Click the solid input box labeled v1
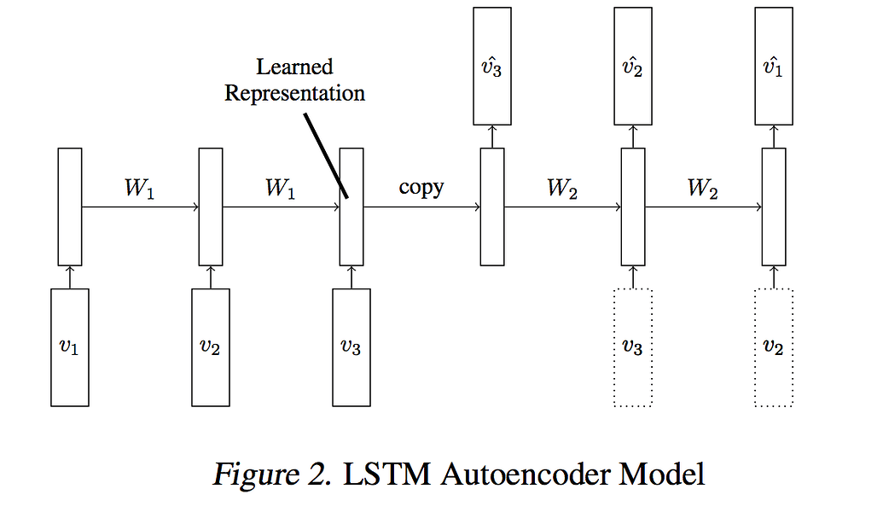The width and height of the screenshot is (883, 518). point(70,347)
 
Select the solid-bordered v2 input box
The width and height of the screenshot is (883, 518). point(210,347)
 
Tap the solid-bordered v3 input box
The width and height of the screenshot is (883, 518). point(351,347)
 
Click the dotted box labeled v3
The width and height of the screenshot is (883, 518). point(632,347)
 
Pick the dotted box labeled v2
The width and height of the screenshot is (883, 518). point(774,347)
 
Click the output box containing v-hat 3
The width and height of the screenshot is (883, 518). point(491,67)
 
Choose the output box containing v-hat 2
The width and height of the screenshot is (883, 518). point(632,67)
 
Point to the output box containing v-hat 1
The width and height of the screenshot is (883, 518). point(774,67)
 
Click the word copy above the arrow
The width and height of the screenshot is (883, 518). point(421,187)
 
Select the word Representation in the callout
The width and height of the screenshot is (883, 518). point(294,92)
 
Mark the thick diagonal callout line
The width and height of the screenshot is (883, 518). point(325,154)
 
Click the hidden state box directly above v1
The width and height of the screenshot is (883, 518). point(70,207)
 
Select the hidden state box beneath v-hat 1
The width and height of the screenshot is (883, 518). point(774,207)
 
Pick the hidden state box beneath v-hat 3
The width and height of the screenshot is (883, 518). point(491,207)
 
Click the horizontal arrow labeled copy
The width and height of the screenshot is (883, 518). point(421,207)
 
